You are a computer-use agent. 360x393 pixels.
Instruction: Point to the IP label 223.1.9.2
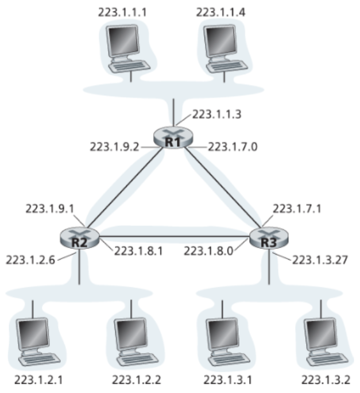(114, 147)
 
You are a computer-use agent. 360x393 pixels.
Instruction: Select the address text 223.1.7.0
(233, 147)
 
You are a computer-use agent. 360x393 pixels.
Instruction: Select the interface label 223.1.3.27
(320, 260)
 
